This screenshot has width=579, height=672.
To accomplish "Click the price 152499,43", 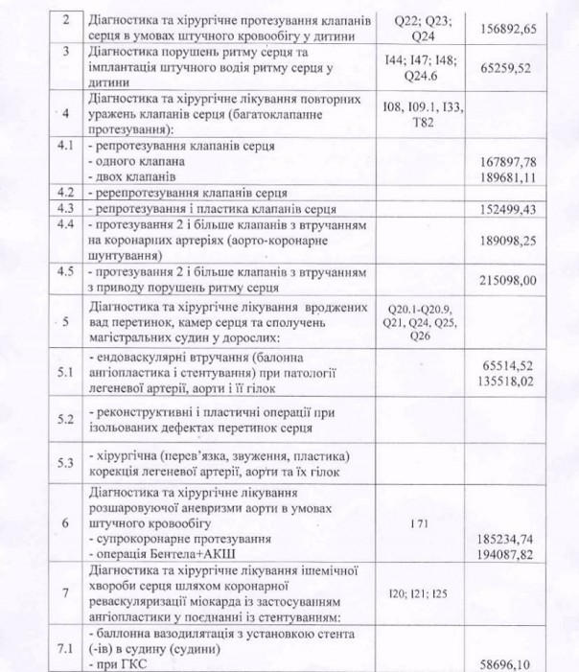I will click(521, 207).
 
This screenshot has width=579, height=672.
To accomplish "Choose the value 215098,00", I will click(521, 279).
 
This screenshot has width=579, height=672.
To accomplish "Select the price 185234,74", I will click(521, 540).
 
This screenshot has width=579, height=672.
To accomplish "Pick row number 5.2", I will click(66, 419).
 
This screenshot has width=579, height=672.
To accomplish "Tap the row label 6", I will click(66, 523).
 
